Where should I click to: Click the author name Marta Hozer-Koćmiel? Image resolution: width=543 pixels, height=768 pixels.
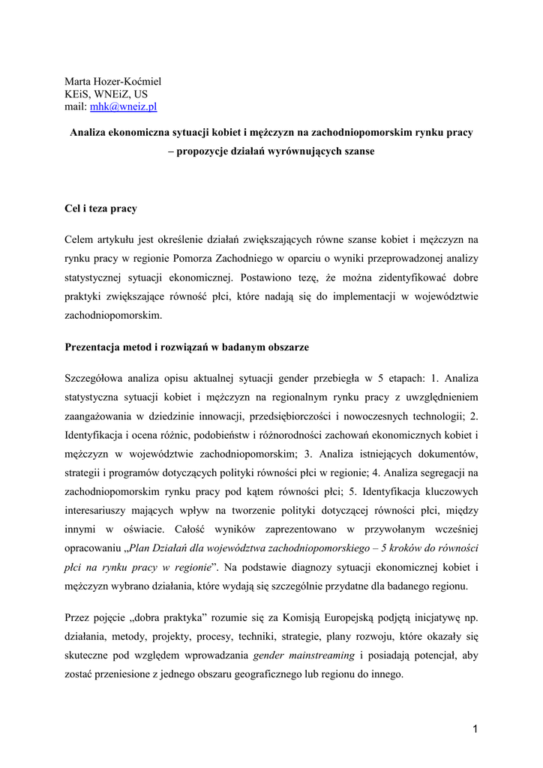pos(112,81)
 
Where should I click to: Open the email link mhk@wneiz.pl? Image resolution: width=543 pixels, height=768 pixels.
pos(123,107)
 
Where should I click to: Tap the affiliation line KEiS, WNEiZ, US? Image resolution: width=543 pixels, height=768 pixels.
pos(106,94)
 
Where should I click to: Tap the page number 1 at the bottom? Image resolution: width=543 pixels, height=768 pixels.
pos(475,728)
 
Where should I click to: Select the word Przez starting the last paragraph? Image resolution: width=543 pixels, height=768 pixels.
pos(79,617)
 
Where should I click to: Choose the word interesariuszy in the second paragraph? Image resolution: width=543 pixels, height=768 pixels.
pos(99,510)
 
